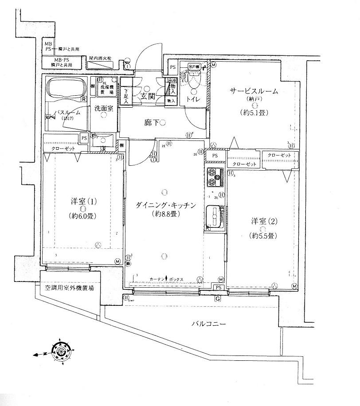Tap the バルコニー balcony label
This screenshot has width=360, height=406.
(208, 324)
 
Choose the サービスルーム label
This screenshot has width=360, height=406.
(254, 92)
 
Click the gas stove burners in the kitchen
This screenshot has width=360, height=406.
(215, 177)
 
